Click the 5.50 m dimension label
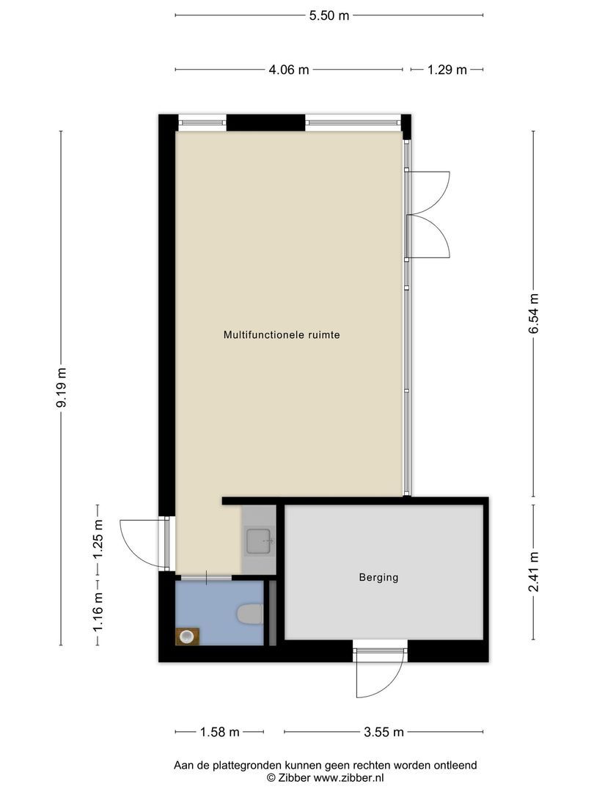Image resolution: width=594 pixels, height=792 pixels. pyautogui.click(x=329, y=15)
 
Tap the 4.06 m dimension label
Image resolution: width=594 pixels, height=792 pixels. pyautogui.click(x=288, y=70)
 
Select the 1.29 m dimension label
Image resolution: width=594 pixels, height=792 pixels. pyautogui.click(x=447, y=70)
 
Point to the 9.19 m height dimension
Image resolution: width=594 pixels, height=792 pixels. pyautogui.click(x=62, y=388)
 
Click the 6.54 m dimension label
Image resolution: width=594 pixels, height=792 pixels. pyautogui.click(x=533, y=314)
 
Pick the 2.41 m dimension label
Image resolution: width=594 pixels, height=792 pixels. pyautogui.click(x=533, y=572)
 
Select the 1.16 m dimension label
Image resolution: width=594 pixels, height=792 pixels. pyautogui.click(x=98, y=612)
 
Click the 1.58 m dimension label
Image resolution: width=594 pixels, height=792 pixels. pyautogui.click(x=220, y=732)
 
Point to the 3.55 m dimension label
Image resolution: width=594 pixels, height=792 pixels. pyautogui.click(x=384, y=732)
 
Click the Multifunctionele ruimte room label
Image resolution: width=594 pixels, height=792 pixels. pyautogui.click(x=282, y=335)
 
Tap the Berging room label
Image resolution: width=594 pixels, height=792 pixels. pyautogui.click(x=379, y=577)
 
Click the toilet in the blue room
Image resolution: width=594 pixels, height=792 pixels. pyautogui.click(x=250, y=615)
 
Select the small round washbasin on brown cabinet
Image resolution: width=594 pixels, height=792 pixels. pyautogui.click(x=187, y=636)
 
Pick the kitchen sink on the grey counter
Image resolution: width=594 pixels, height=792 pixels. pyautogui.click(x=260, y=540)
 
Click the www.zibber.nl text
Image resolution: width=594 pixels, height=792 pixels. pyautogui.click(x=348, y=778)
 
